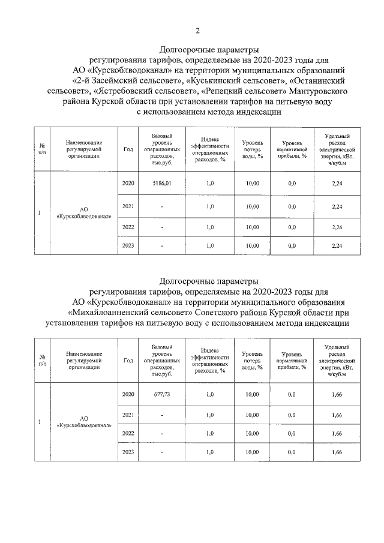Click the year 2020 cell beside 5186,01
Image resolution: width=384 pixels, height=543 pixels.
coord(128,183)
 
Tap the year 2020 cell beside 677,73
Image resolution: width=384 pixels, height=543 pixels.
coord(128,394)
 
